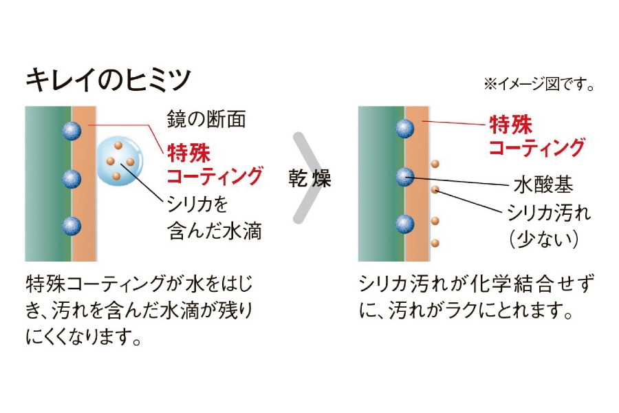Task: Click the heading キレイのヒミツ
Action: (x=108, y=80)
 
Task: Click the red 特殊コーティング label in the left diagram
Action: (x=214, y=163)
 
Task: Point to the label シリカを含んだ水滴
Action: (x=214, y=218)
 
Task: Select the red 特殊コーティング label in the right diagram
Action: (x=536, y=136)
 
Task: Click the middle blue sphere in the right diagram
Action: (x=405, y=177)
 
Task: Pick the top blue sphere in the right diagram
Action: (x=405, y=128)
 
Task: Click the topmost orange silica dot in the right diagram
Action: (x=435, y=164)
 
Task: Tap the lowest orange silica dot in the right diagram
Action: (x=435, y=242)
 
